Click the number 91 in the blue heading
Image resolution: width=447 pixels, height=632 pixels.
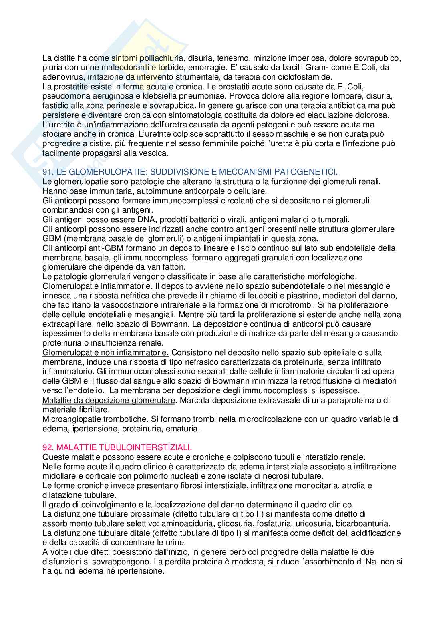[47, 172]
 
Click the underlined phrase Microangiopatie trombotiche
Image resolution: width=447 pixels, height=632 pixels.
[94, 419]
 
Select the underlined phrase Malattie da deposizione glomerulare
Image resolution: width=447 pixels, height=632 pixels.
[109, 400]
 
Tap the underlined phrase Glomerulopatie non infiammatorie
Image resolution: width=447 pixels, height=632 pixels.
[105, 352]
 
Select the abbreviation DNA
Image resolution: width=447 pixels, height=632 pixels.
[124, 219]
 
